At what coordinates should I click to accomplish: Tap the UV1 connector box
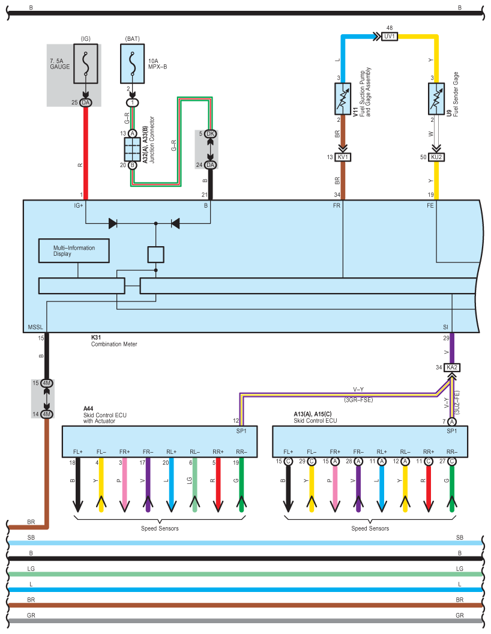tap(390, 37)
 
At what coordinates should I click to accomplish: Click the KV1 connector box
tap(343, 157)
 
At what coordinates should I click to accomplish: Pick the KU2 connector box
tap(436, 157)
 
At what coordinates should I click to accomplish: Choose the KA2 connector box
tap(451, 367)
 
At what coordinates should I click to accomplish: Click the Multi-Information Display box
tap(74, 250)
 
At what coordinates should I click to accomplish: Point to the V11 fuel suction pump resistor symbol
tap(343, 99)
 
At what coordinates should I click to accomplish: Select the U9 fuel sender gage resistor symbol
tap(436, 99)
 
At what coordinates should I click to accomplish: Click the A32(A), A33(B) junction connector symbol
tap(132, 149)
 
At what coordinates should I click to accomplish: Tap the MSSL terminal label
tap(35, 327)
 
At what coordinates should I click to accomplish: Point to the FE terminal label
tap(430, 205)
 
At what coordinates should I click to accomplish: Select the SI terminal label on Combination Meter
tap(446, 327)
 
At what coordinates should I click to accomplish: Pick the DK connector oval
tap(210, 133)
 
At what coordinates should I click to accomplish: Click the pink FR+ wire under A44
tap(124, 483)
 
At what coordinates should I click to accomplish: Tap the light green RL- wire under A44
tap(194, 483)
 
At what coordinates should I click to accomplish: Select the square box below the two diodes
tap(156, 255)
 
